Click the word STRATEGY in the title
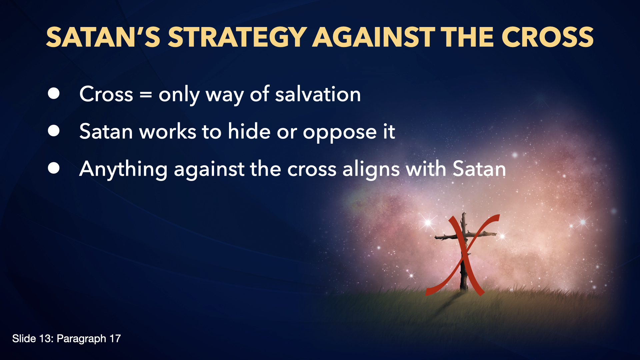tap(237, 37)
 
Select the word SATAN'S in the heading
tap(103, 37)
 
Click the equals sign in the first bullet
tap(146, 95)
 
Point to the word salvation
tap(318, 94)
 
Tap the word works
tap(168, 131)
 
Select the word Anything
tap(123, 169)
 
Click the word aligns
tap(371, 169)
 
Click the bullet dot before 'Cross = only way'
tap(54, 94)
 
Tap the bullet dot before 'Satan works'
tap(54, 131)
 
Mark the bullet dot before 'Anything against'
tap(54, 168)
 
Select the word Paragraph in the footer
tap(81, 339)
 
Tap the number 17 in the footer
tap(115, 339)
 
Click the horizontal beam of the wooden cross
tap(465, 235)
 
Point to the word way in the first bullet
tap(225, 96)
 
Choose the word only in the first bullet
tap(179, 95)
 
